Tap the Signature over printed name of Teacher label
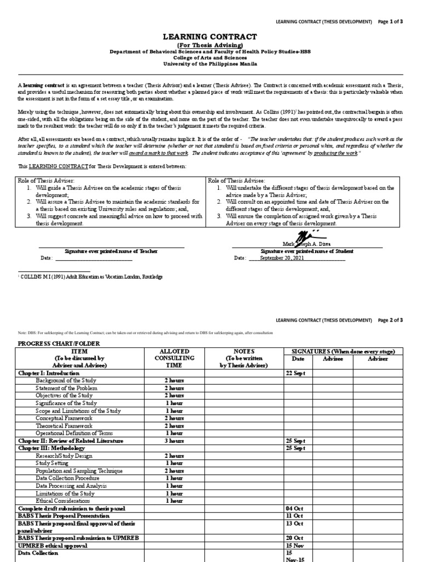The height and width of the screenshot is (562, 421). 111,251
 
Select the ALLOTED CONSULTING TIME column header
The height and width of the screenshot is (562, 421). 174,358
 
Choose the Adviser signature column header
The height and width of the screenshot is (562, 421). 378,358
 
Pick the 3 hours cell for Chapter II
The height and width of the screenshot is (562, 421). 174,441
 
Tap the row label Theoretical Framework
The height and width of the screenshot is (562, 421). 64,425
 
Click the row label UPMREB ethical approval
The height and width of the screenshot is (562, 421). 53,546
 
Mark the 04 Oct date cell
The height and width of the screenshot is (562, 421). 294,508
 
